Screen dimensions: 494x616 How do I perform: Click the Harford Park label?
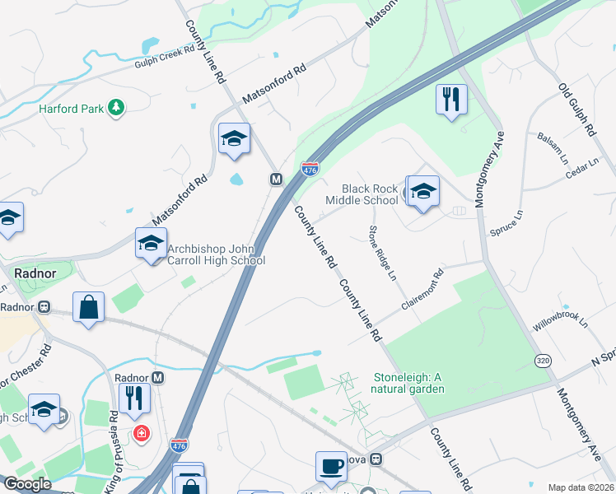pos(68,108)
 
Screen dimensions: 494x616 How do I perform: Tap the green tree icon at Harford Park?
pos(116,106)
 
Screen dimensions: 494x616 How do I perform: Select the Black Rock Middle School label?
pos(362,194)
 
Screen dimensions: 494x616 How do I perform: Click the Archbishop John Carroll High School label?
pos(216,254)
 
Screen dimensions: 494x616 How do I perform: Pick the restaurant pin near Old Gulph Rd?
pos(451,100)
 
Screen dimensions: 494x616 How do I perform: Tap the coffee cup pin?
pos(331,466)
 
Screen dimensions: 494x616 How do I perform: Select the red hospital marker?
pos(141,432)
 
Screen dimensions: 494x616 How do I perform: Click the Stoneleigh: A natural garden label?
pos(409,383)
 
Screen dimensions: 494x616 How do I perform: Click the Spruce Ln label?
pos(506,222)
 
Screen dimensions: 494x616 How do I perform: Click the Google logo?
pos(28,484)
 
